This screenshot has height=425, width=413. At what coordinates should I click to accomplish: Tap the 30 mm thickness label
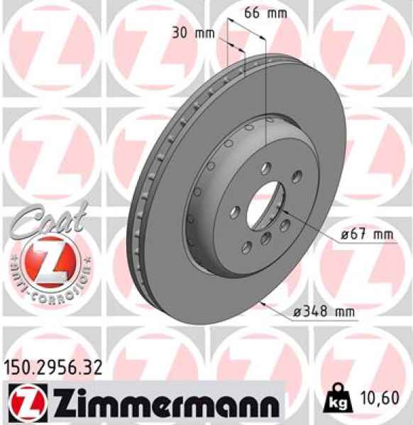(194, 33)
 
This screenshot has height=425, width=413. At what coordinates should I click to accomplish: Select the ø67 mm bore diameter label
(352, 234)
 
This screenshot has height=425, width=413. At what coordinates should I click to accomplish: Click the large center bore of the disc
(266, 201)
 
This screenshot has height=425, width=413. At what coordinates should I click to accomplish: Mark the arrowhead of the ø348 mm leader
(263, 302)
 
